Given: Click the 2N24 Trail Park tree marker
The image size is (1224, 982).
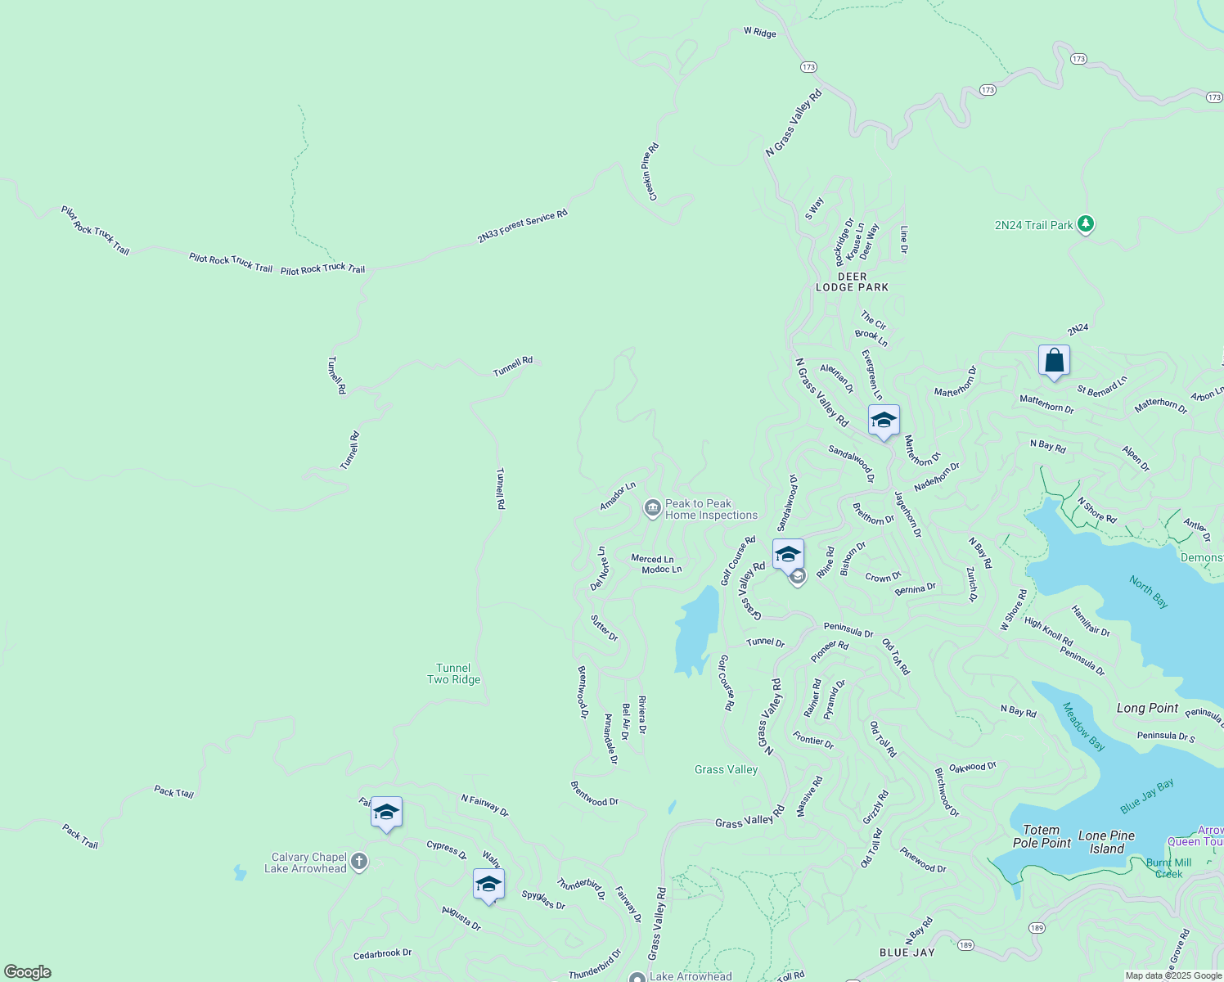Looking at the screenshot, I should [x=1086, y=223].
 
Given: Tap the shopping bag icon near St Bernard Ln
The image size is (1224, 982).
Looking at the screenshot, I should [x=1054, y=360].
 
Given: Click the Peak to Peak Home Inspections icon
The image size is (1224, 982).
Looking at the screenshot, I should [x=652, y=509].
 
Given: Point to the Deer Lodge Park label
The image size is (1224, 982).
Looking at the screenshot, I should [x=852, y=282].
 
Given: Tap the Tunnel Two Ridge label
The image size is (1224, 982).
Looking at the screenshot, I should [x=454, y=673].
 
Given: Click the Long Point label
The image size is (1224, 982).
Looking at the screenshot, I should [x=1147, y=708].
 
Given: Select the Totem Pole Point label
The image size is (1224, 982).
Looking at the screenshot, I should [x=1042, y=836].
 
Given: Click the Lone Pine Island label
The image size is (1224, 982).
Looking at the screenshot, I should [x=1106, y=842].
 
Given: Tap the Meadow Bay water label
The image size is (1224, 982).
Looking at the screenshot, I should [x=1084, y=726].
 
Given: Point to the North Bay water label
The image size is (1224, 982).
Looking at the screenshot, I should [x=1149, y=592].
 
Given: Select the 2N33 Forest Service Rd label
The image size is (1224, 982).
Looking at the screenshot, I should [x=522, y=227].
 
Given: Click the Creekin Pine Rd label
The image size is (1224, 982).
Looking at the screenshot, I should [x=650, y=172].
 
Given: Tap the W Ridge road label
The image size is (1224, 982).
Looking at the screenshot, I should [x=759, y=32].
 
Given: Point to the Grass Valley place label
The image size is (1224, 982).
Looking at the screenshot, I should [x=726, y=769].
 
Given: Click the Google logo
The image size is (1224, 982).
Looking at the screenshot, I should [x=28, y=972].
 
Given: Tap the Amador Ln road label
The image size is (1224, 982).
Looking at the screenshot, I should [x=618, y=496].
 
